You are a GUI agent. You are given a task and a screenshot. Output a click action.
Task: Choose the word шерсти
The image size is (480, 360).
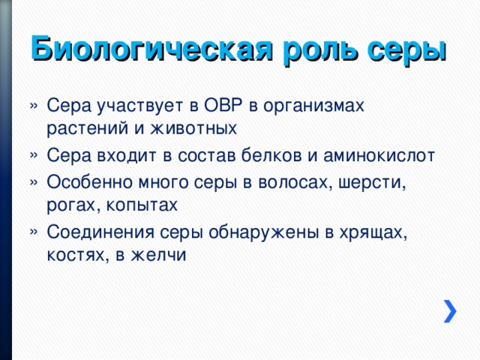click(376, 181)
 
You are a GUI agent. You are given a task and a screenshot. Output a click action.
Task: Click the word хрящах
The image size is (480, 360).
click(371, 231)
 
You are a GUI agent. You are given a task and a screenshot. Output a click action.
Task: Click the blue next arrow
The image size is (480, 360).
click(449, 310)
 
